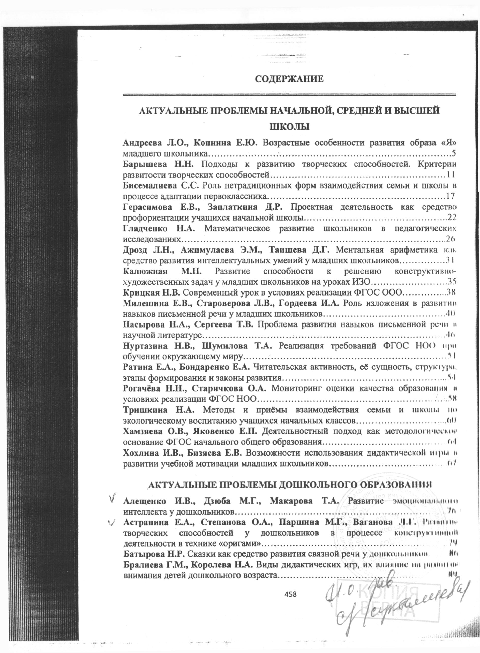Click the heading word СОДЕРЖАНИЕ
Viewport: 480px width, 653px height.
(289, 79)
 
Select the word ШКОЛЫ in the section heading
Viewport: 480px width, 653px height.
(289, 127)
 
